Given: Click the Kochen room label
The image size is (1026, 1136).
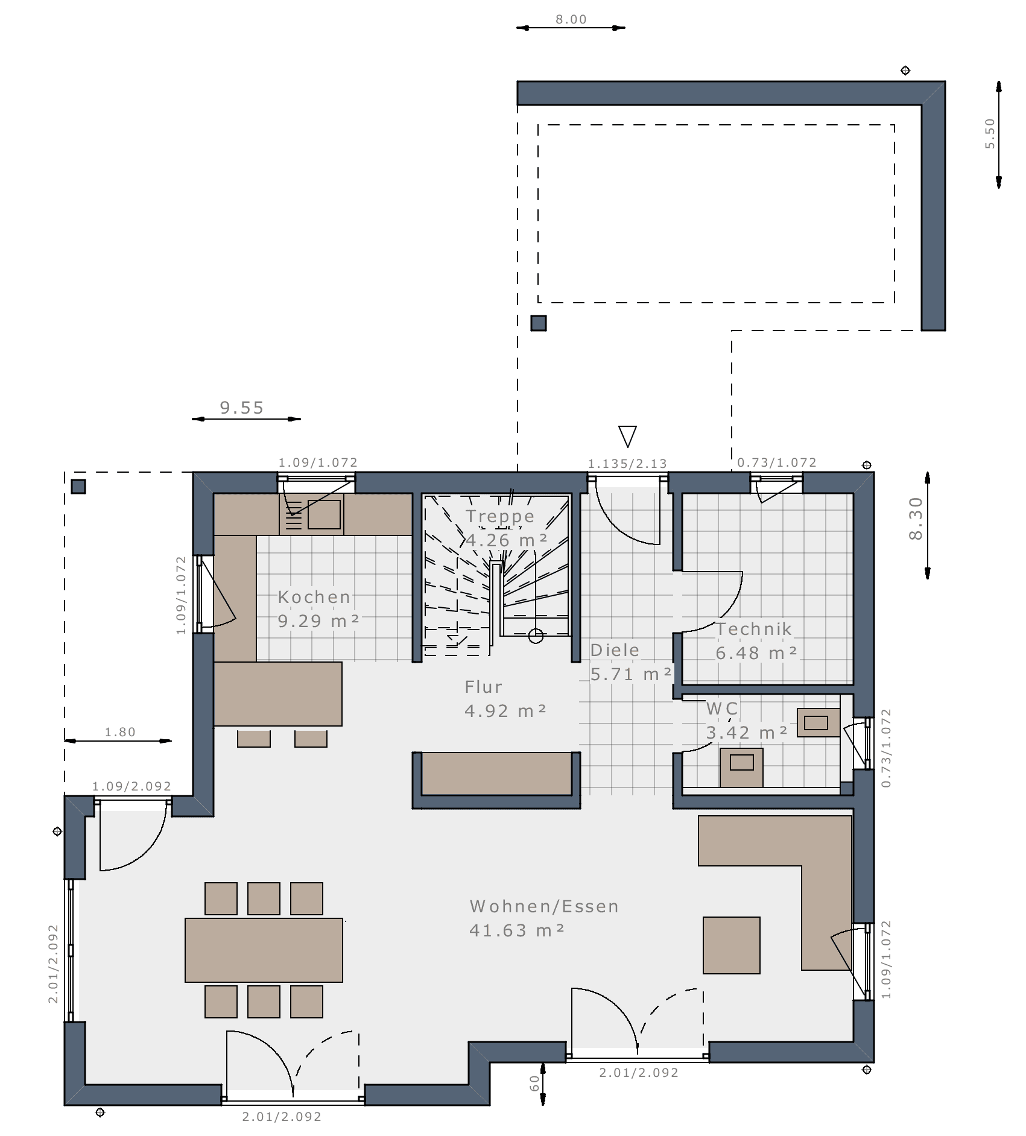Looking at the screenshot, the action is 314,597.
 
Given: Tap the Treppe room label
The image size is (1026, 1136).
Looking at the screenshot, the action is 500,517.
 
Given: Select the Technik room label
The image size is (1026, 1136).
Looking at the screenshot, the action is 754,629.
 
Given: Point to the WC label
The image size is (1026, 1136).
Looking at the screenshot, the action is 722,708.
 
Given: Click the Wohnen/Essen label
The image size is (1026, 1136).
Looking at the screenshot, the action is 544,906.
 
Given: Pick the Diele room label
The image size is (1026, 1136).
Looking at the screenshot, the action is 615,650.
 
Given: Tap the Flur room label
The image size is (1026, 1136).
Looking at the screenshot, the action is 483,687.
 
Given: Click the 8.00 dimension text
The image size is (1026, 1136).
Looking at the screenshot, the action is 571,19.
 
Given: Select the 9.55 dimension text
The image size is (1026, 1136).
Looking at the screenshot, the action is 242,408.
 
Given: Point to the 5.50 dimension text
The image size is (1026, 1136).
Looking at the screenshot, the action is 990,134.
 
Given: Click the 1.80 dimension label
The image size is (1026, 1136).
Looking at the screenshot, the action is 120,732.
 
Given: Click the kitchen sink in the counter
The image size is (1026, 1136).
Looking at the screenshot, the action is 324,514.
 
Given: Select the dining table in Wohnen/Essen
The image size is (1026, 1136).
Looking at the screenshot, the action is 264,950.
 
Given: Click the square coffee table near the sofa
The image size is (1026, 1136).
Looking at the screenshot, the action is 731,945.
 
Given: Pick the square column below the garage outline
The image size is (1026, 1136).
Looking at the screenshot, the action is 539,323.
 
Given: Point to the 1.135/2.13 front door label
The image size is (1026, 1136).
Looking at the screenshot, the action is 627,464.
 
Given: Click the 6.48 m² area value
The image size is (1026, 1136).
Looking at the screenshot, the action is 756,652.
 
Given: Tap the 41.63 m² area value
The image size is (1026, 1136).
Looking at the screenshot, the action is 517,930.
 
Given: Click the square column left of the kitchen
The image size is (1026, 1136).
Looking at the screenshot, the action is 78,487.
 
